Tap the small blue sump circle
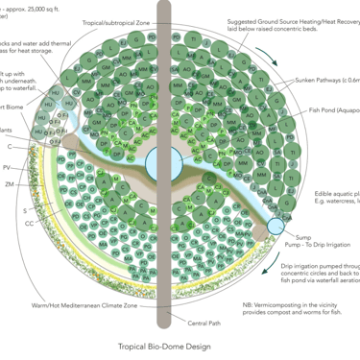point(276,227)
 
